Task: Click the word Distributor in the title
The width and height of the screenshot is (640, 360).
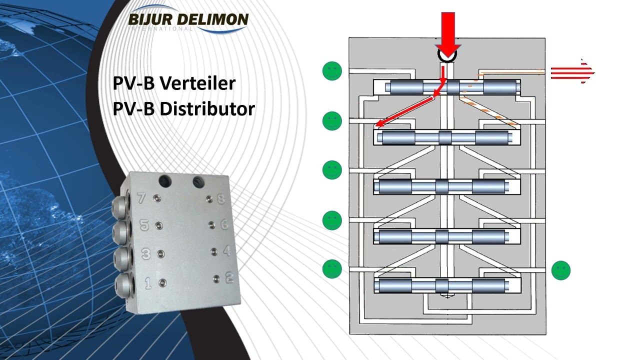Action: click(x=207, y=108)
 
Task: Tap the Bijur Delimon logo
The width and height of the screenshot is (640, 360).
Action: click(x=188, y=20)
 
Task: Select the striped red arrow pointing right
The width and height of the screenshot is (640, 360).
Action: click(x=572, y=72)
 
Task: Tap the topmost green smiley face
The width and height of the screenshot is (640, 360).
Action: click(x=332, y=71)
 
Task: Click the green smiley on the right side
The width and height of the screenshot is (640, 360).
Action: click(x=560, y=270)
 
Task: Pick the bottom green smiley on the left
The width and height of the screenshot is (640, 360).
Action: click(x=332, y=268)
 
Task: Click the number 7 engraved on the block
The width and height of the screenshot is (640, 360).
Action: click(x=141, y=198)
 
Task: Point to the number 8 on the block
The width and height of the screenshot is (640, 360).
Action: click(x=220, y=200)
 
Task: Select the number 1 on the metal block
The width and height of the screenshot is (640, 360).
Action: click(x=148, y=283)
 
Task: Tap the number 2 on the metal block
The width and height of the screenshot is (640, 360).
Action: click(x=229, y=278)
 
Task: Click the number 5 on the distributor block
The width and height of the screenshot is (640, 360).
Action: click(x=144, y=225)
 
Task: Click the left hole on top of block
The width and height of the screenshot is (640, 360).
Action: click(x=163, y=180)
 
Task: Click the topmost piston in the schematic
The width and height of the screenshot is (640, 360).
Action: click(x=452, y=87)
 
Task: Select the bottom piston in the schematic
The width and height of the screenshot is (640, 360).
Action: click(x=442, y=286)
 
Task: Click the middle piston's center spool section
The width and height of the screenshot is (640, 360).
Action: click(x=442, y=186)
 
